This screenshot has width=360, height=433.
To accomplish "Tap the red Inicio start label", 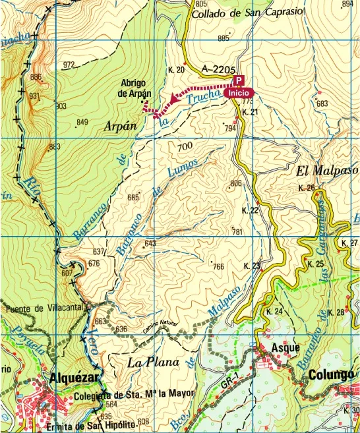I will click(x=238, y=94).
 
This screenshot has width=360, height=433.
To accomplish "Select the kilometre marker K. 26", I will click(x=307, y=188).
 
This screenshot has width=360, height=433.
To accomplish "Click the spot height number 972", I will click(x=69, y=65).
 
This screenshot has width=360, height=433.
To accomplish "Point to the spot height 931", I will click(x=35, y=96).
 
